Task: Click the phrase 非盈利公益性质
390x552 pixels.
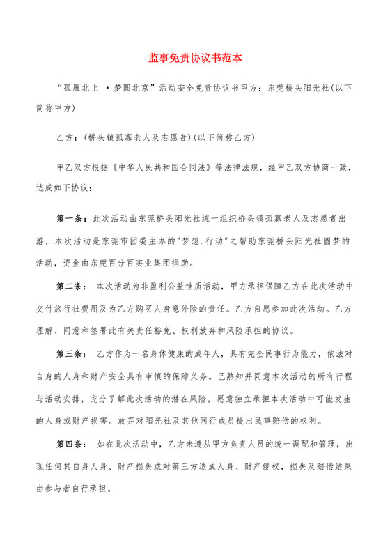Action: (x=156, y=286)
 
